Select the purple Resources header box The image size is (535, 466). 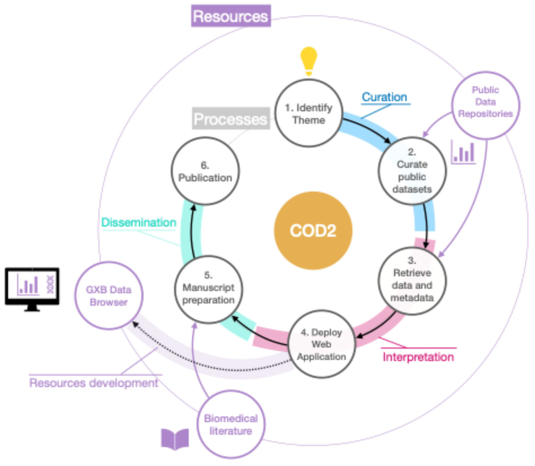pyautogui.click(x=231, y=16)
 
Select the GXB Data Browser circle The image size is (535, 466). pyautogui.click(x=109, y=296)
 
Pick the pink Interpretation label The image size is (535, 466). pyautogui.click(x=418, y=357)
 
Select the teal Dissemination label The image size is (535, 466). pyautogui.click(x=139, y=223)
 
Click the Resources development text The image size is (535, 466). pyautogui.click(x=94, y=383)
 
